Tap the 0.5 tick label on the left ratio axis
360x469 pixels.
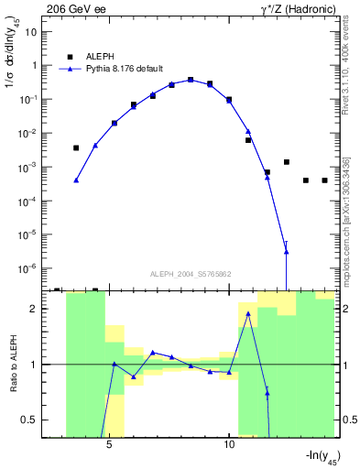[28, 420]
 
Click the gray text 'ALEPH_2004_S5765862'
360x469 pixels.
[190, 273]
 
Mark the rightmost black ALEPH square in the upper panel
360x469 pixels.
[325, 180]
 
